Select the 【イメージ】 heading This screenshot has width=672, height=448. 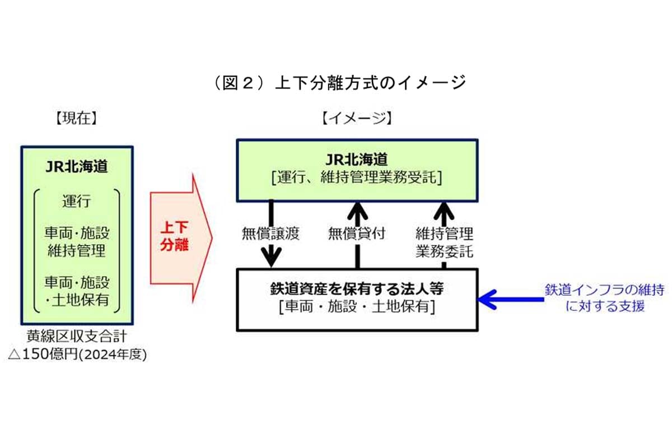click(x=357, y=119)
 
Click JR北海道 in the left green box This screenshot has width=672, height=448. click(x=77, y=167)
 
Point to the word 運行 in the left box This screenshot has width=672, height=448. click(x=77, y=200)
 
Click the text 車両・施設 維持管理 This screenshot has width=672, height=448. click(x=77, y=241)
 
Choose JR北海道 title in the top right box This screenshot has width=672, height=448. click(x=357, y=160)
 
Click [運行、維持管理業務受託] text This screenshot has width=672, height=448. click(x=357, y=178)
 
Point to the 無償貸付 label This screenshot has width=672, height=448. click(x=357, y=234)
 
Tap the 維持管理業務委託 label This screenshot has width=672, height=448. click(x=445, y=242)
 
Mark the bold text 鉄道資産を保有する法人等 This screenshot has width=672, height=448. click(x=357, y=290)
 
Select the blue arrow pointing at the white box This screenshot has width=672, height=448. click(x=510, y=299)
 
